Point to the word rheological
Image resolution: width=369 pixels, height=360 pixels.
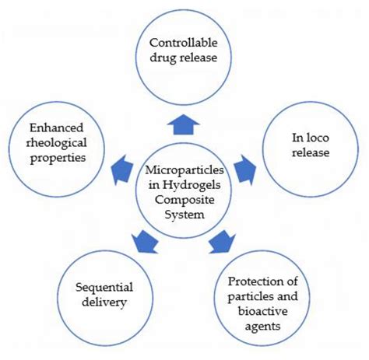[x=55, y=142]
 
